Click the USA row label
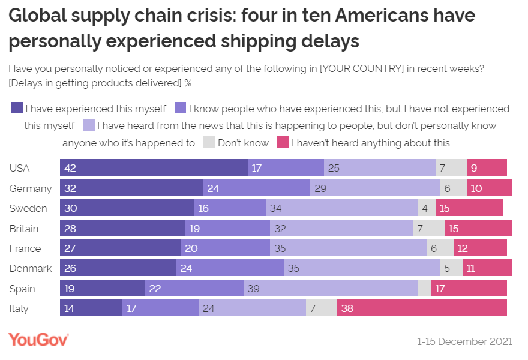click(20, 168)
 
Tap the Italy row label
click(19, 308)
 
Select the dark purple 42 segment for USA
click(154, 168)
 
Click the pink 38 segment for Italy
click(422, 308)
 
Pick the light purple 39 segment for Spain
click(331, 289)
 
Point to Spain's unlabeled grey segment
click(424, 289)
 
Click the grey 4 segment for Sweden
click(425, 208)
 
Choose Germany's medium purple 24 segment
click(257, 188)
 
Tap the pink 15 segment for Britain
click(478, 229)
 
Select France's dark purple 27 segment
click(120, 248)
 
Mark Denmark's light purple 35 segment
click(362, 268)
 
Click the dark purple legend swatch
click(17, 109)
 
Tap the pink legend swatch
click(283, 143)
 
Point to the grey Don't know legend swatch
click(209, 143)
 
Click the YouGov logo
click(38, 340)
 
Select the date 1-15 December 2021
click(465, 341)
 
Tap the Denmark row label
click(31, 268)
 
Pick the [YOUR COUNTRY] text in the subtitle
click(362, 68)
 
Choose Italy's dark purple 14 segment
click(91, 308)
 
